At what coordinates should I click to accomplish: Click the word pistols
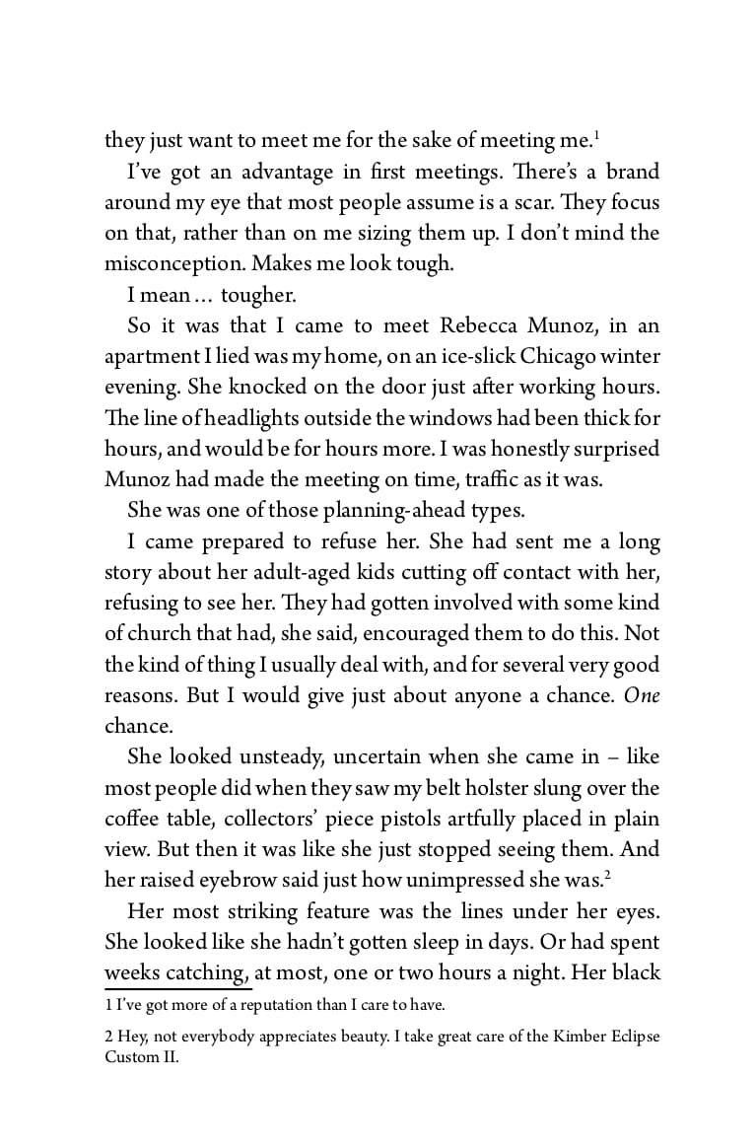coord(468,819)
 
